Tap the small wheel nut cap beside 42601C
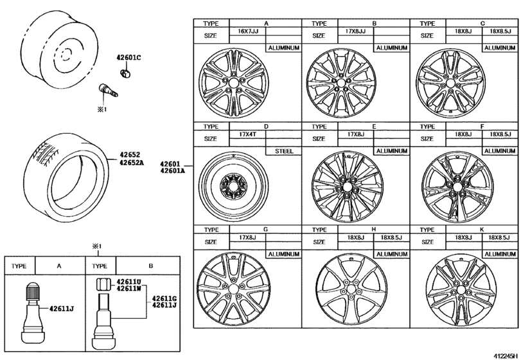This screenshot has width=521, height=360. click(x=126, y=73)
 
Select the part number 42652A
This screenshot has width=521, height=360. click(x=130, y=163)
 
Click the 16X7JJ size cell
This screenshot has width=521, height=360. click(x=247, y=31)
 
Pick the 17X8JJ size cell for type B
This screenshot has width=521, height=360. click(x=356, y=31)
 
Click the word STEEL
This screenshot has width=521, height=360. click(x=283, y=152)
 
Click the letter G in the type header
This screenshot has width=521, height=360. click(x=265, y=230)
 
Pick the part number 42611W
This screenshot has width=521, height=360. click(x=128, y=289)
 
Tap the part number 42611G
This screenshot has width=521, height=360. click(x=164, y=298)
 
